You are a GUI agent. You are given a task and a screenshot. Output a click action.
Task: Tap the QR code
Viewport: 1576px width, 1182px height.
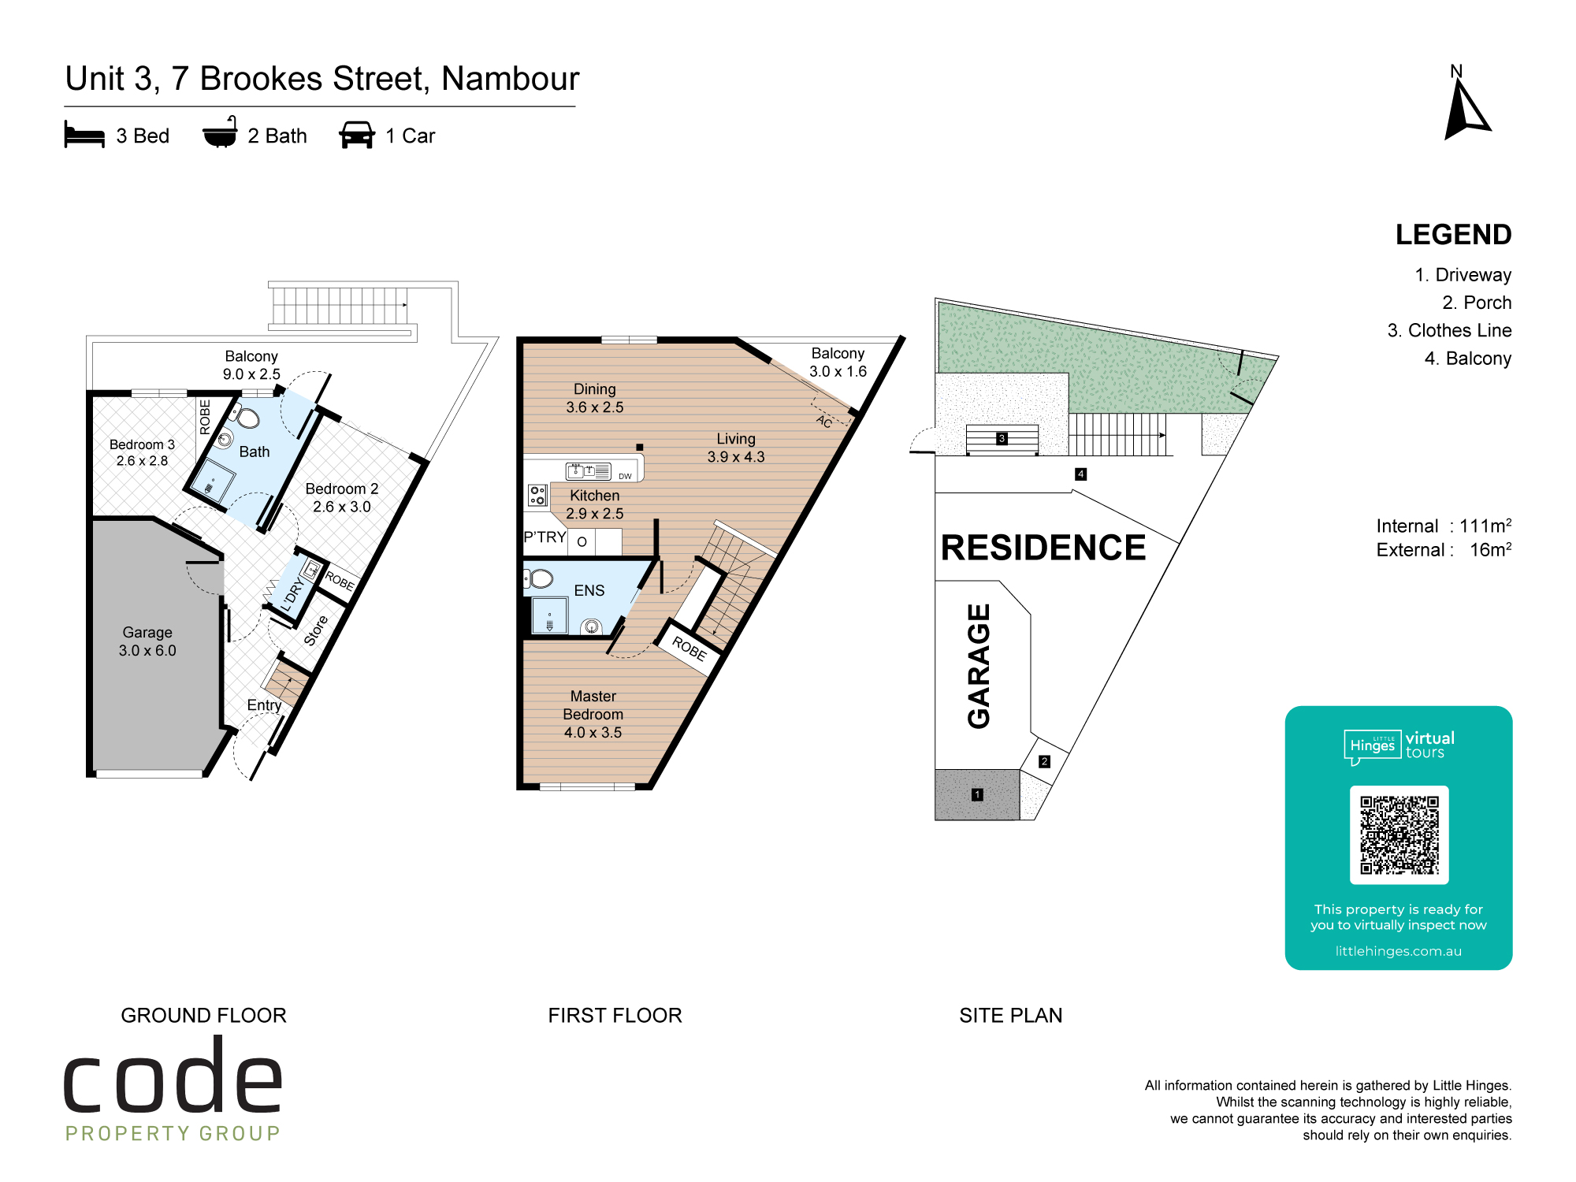coord(1399,834)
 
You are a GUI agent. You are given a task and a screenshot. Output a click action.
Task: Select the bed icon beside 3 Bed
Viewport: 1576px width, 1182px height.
coord(84,135)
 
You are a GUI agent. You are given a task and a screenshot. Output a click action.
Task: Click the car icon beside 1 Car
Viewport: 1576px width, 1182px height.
coord(357,135)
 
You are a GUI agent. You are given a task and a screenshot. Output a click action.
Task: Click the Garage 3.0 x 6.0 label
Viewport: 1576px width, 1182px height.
coord(147,641)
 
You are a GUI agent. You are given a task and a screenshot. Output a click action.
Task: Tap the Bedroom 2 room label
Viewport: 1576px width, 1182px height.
coord(342,497)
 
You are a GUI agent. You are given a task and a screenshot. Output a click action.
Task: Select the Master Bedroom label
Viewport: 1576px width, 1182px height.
coord(593,714)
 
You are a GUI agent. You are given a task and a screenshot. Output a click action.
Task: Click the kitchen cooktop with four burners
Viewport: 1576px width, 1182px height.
coord(537,495)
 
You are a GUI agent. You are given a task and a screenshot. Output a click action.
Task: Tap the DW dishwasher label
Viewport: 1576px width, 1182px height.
coord(625,476)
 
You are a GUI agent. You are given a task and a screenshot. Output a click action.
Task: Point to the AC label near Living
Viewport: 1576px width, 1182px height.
coord(824,421)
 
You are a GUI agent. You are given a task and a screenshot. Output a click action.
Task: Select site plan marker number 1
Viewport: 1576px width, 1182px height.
coord(977,794)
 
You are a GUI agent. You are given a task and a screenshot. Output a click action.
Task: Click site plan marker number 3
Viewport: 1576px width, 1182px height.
coord(1002,438)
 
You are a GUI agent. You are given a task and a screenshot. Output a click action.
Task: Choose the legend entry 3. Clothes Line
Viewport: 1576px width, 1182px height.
coord(1449,330)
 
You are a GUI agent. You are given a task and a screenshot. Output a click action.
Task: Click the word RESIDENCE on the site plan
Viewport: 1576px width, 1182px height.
coord(1043,548)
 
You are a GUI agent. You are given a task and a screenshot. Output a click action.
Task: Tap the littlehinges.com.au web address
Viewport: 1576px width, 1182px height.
coord(1398,951)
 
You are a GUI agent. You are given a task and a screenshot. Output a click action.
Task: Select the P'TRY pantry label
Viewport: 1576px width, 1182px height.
coord(545,537)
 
